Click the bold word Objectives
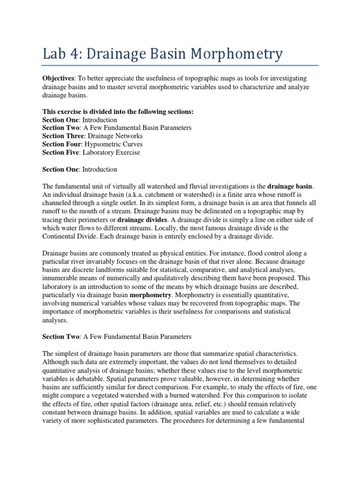pyautogui.click(x=58, y=77)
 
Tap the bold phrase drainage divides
pyautogui.click(x=142, y=220)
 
